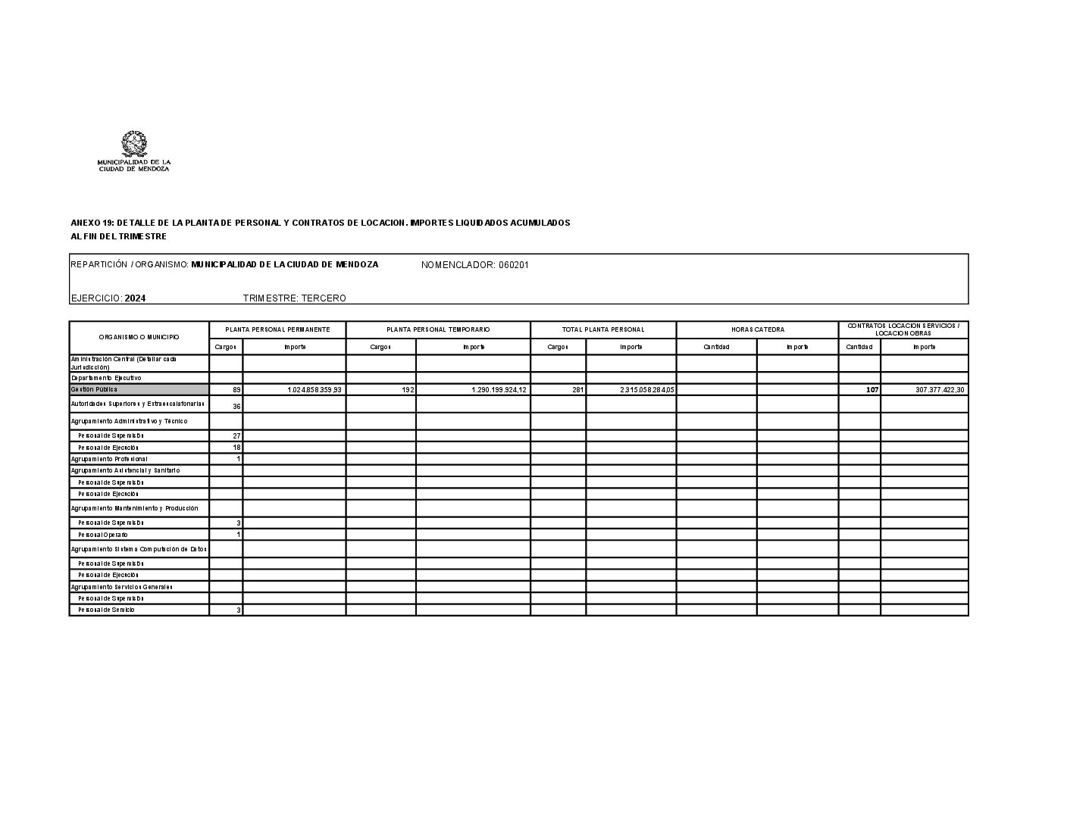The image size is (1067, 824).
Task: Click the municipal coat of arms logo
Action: (134, 143)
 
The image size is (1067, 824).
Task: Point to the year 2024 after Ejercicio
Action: (135, 298)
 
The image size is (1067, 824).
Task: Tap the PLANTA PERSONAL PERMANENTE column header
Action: (277, 330)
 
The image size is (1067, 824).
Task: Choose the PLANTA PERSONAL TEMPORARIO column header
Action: (438, 330)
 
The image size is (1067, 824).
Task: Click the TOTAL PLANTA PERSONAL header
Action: (603, 330)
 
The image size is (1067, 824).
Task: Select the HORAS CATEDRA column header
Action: (757, 330)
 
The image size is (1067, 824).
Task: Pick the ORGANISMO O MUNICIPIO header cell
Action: (139, 338)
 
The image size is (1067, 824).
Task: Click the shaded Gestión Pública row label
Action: (139, 389)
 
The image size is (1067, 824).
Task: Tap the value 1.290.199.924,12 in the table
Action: (499, 390)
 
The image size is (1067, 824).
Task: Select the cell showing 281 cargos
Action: (577, 390)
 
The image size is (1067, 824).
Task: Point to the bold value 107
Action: (871, 390)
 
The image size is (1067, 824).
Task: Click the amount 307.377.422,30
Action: (939, 390)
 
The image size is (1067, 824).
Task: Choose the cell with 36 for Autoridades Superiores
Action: (236, 407)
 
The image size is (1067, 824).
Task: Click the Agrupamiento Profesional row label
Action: (110, 459)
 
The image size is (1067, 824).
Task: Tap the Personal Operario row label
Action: (103, 535)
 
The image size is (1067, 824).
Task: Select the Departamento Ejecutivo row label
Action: (106, 378)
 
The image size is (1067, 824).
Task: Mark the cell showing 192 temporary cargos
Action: (408, 390)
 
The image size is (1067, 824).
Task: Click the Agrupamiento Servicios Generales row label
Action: (121, 587)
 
